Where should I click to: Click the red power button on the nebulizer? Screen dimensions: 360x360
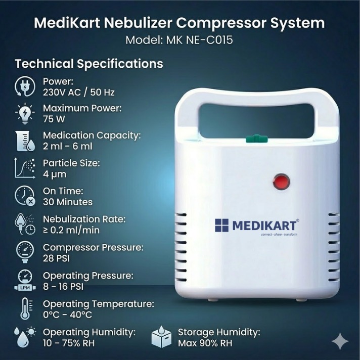(281, 182)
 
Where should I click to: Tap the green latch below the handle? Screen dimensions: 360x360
(257, 139)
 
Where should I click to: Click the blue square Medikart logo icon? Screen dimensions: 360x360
(221, 225)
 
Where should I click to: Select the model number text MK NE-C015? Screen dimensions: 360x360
(199, 40)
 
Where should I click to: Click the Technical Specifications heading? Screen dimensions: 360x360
(89, 64)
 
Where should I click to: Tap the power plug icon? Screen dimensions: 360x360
(25, 86)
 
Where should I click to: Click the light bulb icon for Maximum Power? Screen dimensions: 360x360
(25, 114)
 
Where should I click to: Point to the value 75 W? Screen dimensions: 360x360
(54, 119)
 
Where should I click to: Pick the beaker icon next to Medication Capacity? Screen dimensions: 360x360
(25, 141)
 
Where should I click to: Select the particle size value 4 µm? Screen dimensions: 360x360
(55, 174)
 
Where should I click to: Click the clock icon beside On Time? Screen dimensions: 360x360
(25, 196)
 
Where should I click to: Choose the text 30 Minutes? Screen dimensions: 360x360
(68, 202)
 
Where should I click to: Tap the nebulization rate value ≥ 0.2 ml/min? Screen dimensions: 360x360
(71, 230)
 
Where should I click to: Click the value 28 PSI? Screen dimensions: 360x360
(56, 258)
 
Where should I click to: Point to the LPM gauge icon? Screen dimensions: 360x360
(25, 280)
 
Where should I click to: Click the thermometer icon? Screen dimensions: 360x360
(26, 309)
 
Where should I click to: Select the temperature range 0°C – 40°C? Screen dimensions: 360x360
(68, 314)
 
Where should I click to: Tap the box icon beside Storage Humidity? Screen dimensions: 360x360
(161, 337)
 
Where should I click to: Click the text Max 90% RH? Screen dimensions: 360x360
(205, 343)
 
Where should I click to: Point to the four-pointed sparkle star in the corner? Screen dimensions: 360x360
(340, 341)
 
